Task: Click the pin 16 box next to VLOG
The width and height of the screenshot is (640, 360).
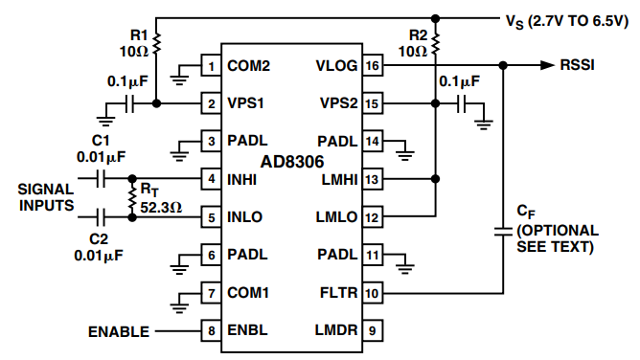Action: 373,65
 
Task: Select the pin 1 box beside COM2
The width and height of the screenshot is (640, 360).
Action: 211,66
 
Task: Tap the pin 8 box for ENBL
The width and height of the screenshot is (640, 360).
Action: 211,330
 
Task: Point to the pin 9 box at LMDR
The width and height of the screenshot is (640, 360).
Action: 373,330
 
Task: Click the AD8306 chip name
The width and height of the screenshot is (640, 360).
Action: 292,162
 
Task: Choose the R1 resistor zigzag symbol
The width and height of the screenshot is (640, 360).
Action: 156,44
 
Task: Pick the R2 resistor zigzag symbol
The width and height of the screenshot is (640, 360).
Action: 436,44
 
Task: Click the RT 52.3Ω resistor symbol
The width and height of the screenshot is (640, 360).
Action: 132,198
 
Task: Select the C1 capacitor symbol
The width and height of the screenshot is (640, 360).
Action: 101,179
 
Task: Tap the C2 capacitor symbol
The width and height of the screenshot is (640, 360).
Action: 101,217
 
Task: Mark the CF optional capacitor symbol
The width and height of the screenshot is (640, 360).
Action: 503,232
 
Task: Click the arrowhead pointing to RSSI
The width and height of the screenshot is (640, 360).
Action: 547,65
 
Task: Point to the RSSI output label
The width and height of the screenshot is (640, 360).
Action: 577,65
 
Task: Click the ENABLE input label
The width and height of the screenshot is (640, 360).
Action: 119,332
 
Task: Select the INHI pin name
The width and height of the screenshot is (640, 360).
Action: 241,179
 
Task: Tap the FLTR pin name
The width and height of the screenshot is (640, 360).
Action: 339,293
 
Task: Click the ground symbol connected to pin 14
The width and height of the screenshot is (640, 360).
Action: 405,155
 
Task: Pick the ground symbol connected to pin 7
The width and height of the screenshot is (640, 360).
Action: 179,307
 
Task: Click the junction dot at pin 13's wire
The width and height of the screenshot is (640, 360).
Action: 436,179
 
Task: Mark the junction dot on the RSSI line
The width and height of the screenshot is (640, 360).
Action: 503,65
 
